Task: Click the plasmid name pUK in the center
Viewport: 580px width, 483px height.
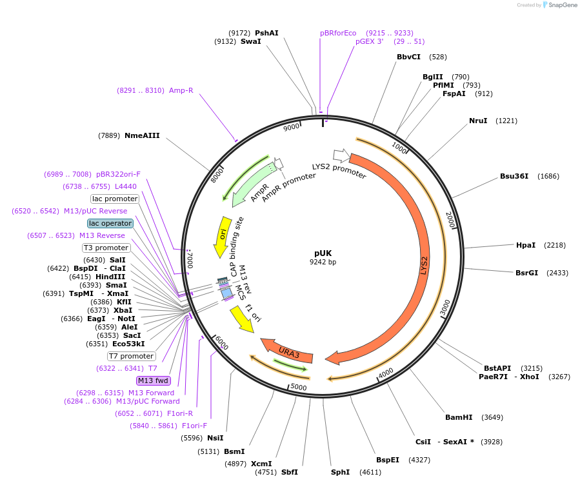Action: point(323,253)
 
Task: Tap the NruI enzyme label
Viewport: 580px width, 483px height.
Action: point(478,121)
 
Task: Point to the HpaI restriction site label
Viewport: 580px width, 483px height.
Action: point(526,245)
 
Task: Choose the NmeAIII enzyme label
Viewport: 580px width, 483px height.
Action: point(142,135)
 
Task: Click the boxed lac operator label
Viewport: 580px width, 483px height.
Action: point(110,223)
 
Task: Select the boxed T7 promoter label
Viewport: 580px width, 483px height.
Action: point(131,356)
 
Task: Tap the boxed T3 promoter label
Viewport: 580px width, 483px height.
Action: point(106,248)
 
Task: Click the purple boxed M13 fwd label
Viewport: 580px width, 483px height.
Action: point(153,380)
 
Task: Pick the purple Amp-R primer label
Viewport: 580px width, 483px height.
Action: point(181,90)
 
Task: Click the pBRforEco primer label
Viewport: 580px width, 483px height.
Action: point(338,33)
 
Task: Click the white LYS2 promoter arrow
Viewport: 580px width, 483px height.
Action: point(341,155)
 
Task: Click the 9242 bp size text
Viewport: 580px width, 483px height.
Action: point(323,262)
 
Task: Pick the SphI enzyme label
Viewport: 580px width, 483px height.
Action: point(340,472)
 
